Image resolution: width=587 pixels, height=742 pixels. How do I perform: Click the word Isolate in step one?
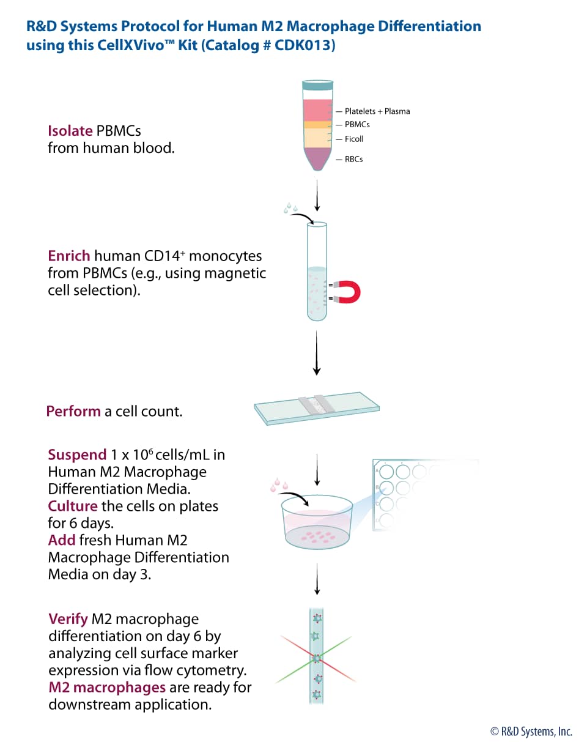click(x=70, y=131)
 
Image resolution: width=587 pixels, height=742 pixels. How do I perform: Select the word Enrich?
click(x=69, y=256)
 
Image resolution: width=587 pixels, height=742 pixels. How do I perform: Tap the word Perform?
click(x=73, y=411)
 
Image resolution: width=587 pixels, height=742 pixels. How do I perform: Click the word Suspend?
click(x=77, y=455)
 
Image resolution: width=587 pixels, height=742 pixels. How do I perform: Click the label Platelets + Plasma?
click(x=377, y=111)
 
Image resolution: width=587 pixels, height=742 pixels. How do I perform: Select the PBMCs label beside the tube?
click(x=357, y=124)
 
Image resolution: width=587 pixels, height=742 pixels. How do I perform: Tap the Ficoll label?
click(x=354, y=139)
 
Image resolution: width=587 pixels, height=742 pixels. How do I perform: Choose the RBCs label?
click(x=353, y=159)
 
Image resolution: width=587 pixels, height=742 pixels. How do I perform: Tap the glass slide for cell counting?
click(x=317, y=409)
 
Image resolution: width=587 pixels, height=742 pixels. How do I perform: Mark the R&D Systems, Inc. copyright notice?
click(x=531, y=731)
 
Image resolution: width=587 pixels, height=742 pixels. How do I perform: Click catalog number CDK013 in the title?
click(x=310, y=45)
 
